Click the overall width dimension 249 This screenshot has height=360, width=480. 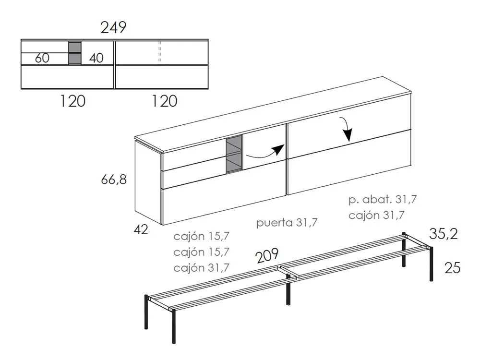click(x=113, y=28)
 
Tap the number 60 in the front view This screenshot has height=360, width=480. click(x=42, y=58)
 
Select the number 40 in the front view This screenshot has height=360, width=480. click(x=96, y=58)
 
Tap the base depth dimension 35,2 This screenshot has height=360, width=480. click(x=444, y=234)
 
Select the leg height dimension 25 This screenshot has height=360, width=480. click(x=453, y=268)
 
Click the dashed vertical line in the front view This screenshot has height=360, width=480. click(x=160, y=52)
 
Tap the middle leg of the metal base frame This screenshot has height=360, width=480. click(x=289, y=291)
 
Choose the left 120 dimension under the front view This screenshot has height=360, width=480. click(x=72, y=101)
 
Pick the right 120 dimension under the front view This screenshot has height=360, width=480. click(x=164, y=101)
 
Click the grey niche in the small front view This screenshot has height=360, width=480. click(x=74, y=53)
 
